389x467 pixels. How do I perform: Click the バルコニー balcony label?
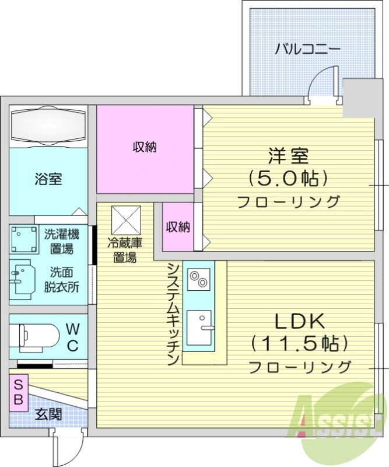308,49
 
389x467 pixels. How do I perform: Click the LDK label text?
299,320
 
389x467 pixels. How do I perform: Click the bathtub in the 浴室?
48,124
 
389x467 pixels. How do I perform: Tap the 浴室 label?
48,179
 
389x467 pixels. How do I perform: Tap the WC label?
72,336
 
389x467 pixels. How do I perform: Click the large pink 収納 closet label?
145,148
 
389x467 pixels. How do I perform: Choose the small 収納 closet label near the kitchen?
177,227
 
